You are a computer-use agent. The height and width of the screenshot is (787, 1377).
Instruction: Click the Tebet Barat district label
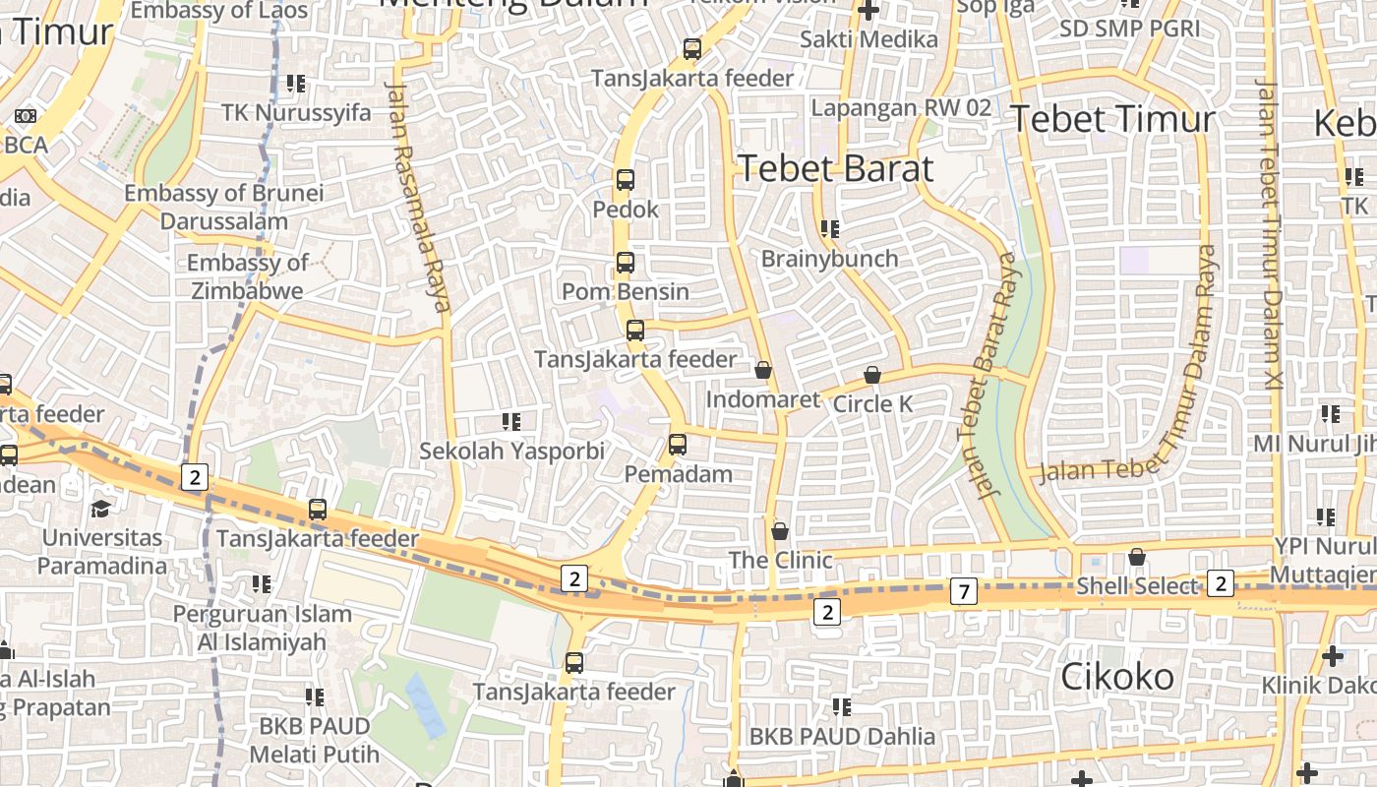pyautogui.click(x=835, y=168)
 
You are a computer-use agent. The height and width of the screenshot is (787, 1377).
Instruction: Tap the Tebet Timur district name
pyautogui.click(x=1113, y=119)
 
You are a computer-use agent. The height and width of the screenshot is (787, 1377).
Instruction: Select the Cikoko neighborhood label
pyautogui.click(x=1117, y=677)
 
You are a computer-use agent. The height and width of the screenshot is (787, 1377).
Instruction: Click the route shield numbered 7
pyautogui.click(x=964, y=592)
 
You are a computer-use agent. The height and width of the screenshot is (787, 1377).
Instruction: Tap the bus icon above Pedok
pyautogui.click(x=626, y=180)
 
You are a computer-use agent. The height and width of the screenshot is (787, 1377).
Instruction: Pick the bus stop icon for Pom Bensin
pyautogui.click(x=626, y=263)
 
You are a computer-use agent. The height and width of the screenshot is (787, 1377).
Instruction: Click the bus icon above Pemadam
pyautogui.click(x=678, y=444)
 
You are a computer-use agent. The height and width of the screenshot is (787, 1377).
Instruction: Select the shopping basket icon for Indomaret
pyautogui.click(x=762, y=370)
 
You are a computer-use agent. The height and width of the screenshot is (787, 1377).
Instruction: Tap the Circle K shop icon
pyautogui.click(x=871, y=375)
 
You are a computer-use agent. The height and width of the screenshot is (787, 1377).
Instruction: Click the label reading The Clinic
pyautogui.click(x=780, y=560)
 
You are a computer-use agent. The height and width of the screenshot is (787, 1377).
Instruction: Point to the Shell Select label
pyautogui.click(x=1137, y=586)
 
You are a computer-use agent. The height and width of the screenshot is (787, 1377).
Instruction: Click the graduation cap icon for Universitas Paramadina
pyautogui.click(x=101, y=509)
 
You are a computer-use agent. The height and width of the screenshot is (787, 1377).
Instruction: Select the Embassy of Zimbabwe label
pyautogui.click(x=247, y=276)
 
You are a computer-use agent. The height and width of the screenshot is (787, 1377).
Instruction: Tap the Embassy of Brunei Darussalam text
pyautogui.click(x=224, y=207)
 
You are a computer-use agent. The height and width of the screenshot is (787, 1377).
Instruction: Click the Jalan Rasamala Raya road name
pyautogui.click(x=418, y=197)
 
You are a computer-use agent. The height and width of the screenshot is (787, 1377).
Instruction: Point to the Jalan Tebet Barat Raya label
pyautogui.click(x=993, y=375)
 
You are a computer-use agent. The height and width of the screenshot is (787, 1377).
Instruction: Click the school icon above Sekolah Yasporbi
pyautogui.click(x=511, y=422)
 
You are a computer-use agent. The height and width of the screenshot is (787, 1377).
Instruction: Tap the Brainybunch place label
pyautogui.click(x=829, y=259)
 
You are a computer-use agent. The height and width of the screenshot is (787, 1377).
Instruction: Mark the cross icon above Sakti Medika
pyautogui.click(x=868, y=11)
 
